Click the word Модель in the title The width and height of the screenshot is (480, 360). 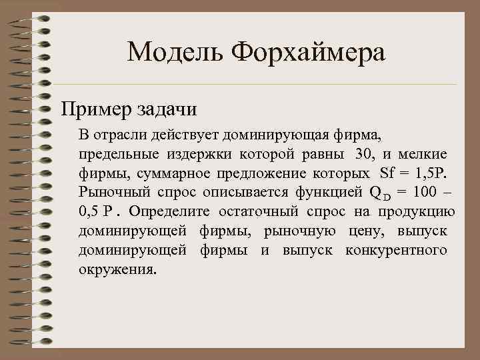point(175,52)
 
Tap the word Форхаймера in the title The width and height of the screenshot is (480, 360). point(310,52)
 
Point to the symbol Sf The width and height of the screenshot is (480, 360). point(387,174)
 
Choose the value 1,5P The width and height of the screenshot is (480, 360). point(433,174)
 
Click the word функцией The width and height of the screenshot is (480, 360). point(326,193)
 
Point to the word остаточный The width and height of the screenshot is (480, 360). point(266,213)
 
